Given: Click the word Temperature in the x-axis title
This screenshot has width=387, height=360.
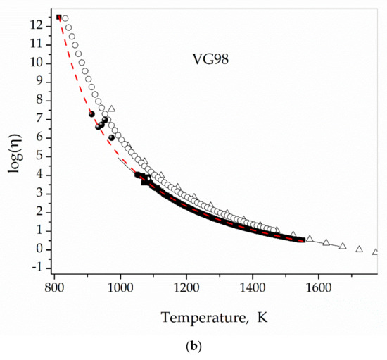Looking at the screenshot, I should [x=204, y=318].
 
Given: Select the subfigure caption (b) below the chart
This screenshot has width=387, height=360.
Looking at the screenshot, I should [x=193, y=349].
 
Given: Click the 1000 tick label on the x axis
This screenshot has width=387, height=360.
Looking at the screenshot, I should [x=120, y=287].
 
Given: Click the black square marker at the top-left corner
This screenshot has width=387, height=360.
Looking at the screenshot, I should [x=58, y=17].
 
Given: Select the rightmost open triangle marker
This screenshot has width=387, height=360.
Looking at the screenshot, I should [x=375, y=252].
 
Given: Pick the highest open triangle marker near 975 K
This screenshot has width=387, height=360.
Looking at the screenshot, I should [x=111, y=108].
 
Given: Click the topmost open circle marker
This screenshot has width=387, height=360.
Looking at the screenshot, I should [x=65, y=18].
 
